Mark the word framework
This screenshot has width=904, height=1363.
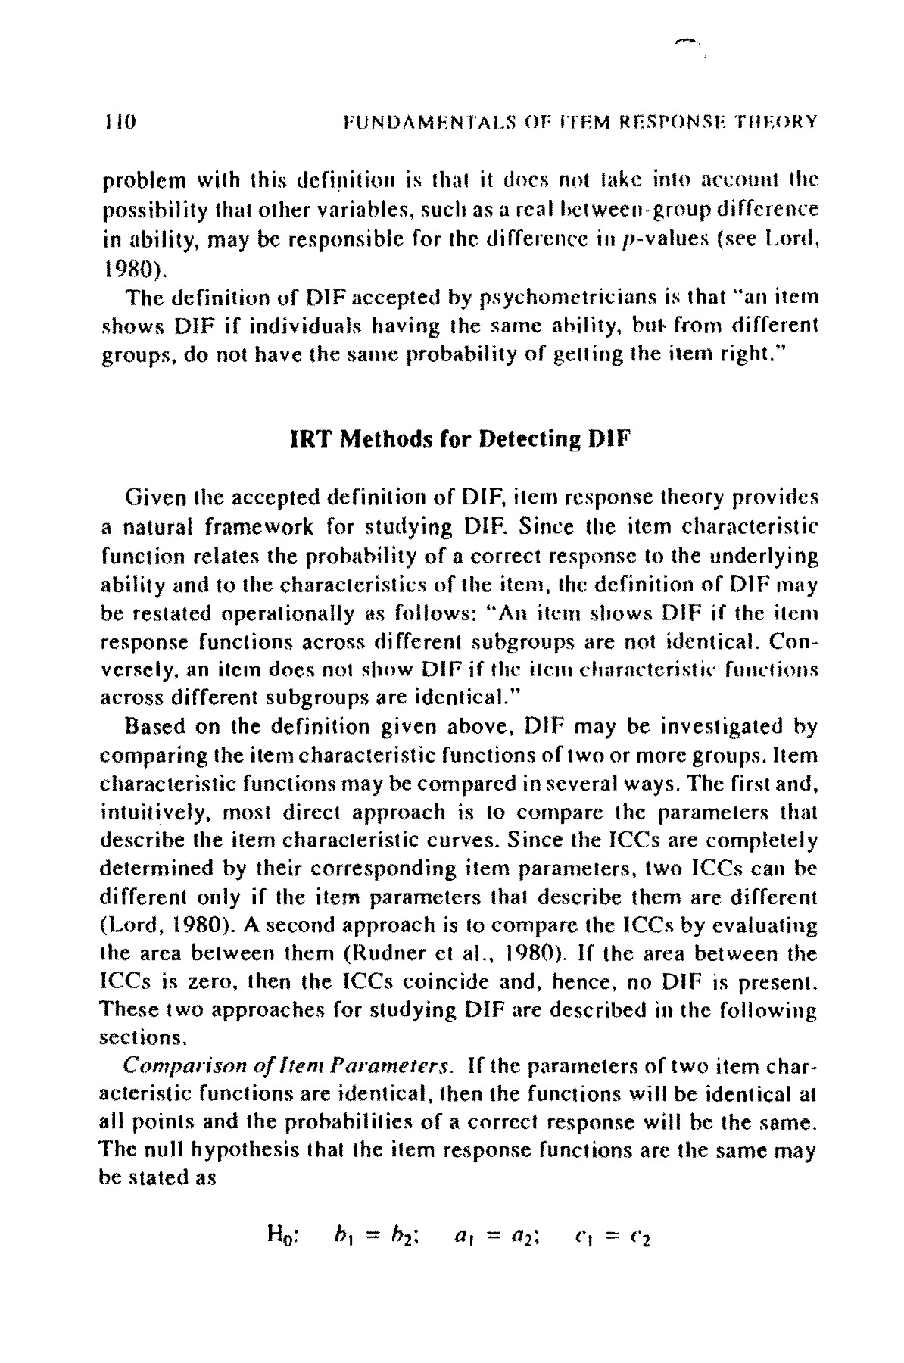(234, 526)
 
